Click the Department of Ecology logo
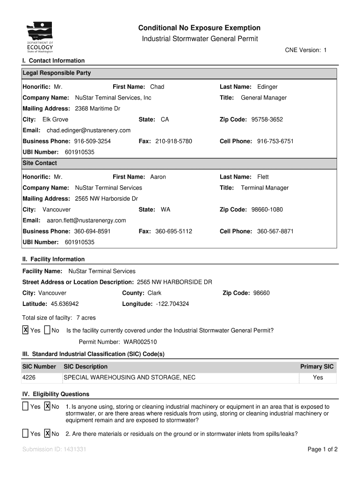point(40,38)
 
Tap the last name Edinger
point(267,87)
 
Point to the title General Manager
point(264,98)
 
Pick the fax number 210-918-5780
point(173,141)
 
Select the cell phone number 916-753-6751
point(275,141)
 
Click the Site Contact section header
point(40,163)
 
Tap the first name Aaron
point(158,177)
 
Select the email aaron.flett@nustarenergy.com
point(86,220)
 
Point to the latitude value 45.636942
point(65,304)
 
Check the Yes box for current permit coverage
point(26,330)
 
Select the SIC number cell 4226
point(29,377)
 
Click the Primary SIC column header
point(317,367)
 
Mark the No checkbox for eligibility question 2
point(47,434)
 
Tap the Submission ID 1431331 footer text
point(54,450)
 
